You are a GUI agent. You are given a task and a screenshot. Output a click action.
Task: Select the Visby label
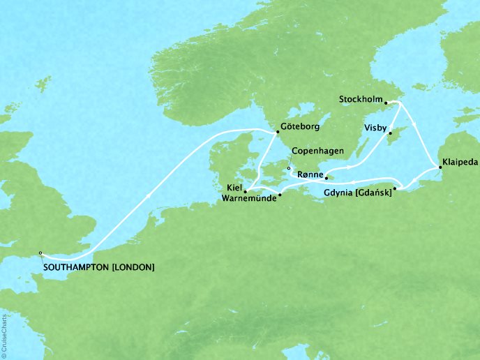pyautogui.click(x=375, y=128)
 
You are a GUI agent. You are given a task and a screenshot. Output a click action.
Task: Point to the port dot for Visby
pyautogui.click(x=391, y=133)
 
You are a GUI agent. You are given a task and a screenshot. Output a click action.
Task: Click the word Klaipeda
pyautogui.click(x=460, y=168)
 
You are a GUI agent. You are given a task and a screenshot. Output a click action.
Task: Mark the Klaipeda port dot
pyautogui.click(x=440, y=167)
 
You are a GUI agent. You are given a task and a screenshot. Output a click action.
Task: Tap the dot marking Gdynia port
pyautogui.click(x=395, y=188)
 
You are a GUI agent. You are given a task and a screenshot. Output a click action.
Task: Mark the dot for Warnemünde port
pyautogui.click(x=279, y=195)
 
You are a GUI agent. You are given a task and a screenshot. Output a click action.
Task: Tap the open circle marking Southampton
pyautogui.click(x=40, y=253)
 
